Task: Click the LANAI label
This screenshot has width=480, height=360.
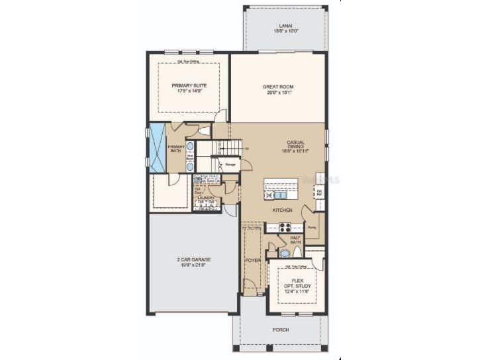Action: pyautogui.click(x=285, y=27)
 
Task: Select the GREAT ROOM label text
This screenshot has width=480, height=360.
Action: pyautogui.click(x=278, y=89)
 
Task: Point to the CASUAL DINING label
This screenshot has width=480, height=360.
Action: pyautogui.click(x=295, y=146)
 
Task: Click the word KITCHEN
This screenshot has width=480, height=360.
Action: pyautogui.click(x=283, y=210)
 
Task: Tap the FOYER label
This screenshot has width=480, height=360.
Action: pyautogui.click(x=252, y=261)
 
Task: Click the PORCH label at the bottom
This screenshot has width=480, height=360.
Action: pyautogui.click(x=281, y=329)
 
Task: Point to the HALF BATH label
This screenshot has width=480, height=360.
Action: pyautogui.click(x=296, y=239)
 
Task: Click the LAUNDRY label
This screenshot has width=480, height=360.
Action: pyautogui.click(x=206, y=197)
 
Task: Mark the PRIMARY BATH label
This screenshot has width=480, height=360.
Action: pyautogui.click(x=176, y=149)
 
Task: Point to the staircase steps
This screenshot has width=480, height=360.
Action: pyautogui.click(x=226, y=147)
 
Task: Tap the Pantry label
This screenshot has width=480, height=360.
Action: pyautogui.click(x=311, y=227)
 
